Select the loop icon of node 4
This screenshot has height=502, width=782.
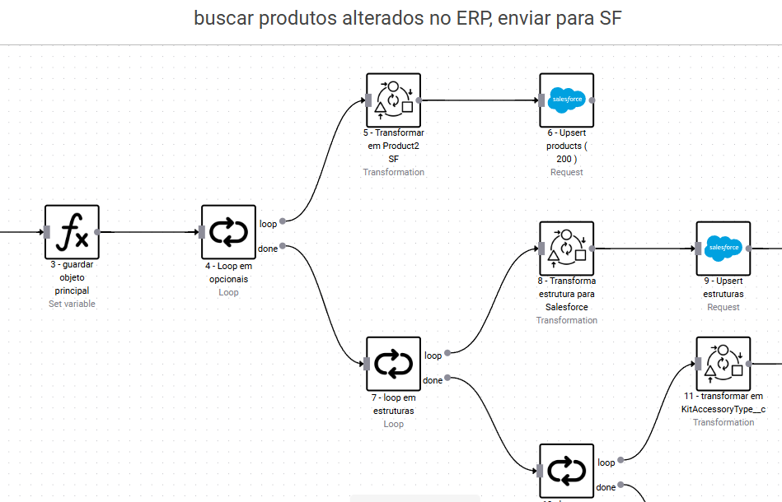(x=228, y=232)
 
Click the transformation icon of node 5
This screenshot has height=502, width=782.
(x=393, y=100)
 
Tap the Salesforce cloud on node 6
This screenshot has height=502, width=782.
(x=566, y=100)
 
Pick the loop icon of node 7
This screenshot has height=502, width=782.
(x=393, y=364)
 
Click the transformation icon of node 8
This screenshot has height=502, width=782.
(x=566, y=248)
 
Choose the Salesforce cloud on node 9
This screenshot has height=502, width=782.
(x=723, y=248)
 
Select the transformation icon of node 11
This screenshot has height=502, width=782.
(x=723, y=363)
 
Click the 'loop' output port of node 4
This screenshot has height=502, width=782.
(x=283, y=221)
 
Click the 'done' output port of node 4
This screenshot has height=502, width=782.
(x=283, y=246)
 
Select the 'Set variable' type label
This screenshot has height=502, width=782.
(x=72, y=304)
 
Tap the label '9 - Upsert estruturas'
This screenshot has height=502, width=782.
(x=723, y=287)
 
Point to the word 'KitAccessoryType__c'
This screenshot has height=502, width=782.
(x=723, y=409)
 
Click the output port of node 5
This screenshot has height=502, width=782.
(x=420, y=100)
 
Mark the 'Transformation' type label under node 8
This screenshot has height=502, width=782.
(x=566, y=320)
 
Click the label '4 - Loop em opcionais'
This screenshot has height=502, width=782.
(x=228, y=272)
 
